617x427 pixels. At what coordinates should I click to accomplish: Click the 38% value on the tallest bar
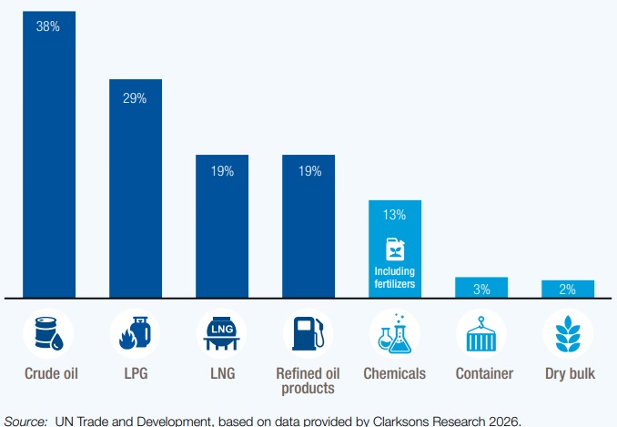(x=48, y=27)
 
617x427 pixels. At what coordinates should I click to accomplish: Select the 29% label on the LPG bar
(x=135, y=97)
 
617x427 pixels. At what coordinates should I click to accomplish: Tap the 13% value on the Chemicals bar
(x=395, y=216)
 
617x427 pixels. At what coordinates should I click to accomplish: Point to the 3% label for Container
(x=481, y=289)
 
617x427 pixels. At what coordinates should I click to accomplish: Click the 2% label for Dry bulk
(x=568, y=290)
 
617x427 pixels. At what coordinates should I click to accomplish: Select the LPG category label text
(x=135, y=373)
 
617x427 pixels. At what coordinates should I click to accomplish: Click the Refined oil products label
(x=308, y=381)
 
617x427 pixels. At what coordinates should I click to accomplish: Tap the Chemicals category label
(x=395, y=373)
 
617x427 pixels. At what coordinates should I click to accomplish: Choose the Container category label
(x=481, y=373)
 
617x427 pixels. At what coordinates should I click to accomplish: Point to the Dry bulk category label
(x=568, y=373)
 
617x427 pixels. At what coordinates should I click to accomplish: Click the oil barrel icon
(x=48, y=333)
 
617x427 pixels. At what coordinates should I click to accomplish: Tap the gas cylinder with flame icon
(x=135, y=333)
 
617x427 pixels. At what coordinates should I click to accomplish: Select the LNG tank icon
(x=222, y=333)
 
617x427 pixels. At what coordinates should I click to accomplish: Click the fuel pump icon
(x=308, y=333)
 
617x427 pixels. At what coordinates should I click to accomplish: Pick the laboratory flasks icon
(x=395, y=333)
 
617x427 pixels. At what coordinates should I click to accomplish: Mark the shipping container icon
(x=481, y=333)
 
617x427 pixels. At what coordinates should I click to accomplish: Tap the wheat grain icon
(x=568, y=333)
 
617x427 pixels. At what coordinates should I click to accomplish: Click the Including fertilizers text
(x=395, y=278)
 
